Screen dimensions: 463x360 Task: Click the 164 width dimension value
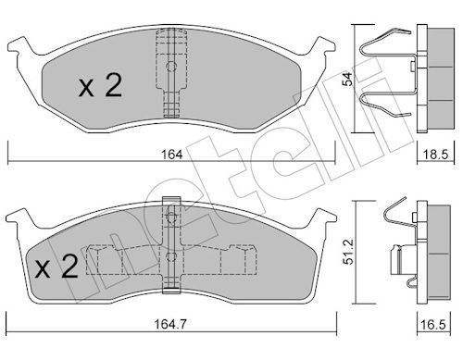(172, 155)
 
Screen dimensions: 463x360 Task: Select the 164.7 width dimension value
(170, 324)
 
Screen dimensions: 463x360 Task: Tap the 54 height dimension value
(348, 79)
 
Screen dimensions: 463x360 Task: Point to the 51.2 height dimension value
(348, 252)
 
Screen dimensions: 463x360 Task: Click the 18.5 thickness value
(435, 155)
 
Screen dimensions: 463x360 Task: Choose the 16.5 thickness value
(432, 324)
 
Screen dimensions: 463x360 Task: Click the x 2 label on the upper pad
(100, 85)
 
